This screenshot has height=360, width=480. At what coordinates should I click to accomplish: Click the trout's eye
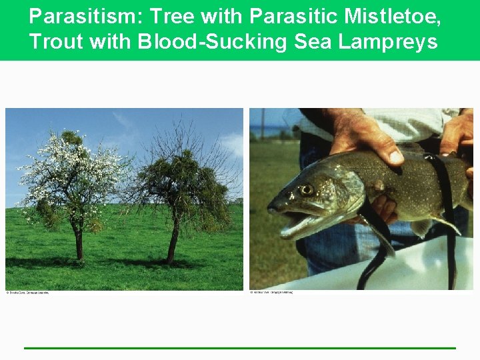pyautogui.click(x=306, y=190)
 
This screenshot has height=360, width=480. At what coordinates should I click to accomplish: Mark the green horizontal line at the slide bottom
pyautogui.click(x=240, y=348)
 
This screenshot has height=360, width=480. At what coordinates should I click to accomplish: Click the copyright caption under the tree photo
pyautogui.click(x=28, y=293)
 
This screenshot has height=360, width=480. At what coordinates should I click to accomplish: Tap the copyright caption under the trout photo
pyautogui.click(x=271, y=293)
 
